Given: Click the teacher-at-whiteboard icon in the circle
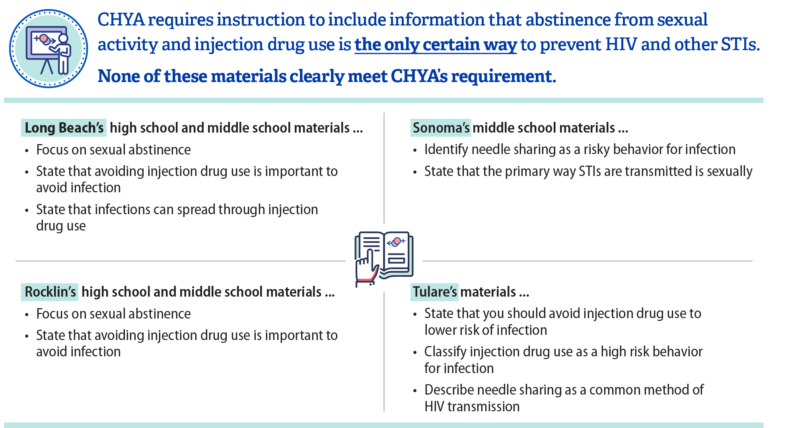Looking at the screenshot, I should pyautogui.click(x=49, y=49).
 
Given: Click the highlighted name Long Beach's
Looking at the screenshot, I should pyautogui.click(x=64, y=128).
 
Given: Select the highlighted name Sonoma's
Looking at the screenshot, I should pyautogui.click(x=441, y=128).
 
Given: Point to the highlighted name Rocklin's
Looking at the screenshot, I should pyautogui.click(x=50, y=292).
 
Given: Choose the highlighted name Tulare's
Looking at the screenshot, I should pyautogui.click(x=434, y=292).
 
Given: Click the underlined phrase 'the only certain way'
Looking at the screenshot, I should pyautogui.click(x=436, y=45).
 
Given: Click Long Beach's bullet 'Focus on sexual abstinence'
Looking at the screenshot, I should pyautogui.click(x=113, y=150).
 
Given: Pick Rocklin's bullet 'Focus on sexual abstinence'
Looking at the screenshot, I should pyautogui.click(x=113, y=314).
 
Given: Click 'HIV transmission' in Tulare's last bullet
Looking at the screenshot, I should pyautogui.click(x=472, y=407).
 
